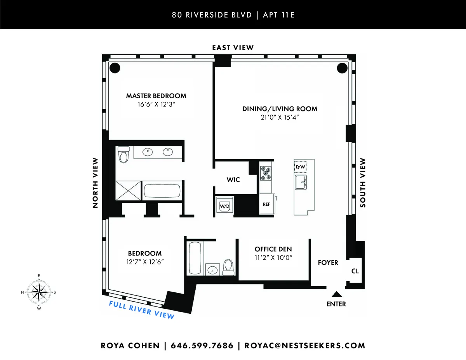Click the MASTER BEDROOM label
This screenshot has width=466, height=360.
pyautogui.click(x=156, y=96)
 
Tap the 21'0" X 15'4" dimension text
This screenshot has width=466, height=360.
pyautogui.click(x=280, y=118)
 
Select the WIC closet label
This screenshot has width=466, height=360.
pyautogui.click(x=233, y=180)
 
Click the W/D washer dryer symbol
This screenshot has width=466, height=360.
pyautogui.click(x=224, y=206)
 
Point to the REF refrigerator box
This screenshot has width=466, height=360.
pyautogui.click(x=266, y=204)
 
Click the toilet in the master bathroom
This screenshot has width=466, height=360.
pyautogui.click(x=124, y=155)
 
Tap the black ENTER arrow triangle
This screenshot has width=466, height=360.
pyautogui.click(x=336, y=295)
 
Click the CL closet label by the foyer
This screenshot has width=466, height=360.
pyautogui.click(x=355, y=271)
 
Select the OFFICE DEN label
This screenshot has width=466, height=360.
pyautogui.click(x=273, y=249)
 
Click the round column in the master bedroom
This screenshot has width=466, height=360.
pyautogui.click(x=115, y=68)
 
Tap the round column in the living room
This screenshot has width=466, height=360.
pyautogui.click(x=342, y=68)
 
